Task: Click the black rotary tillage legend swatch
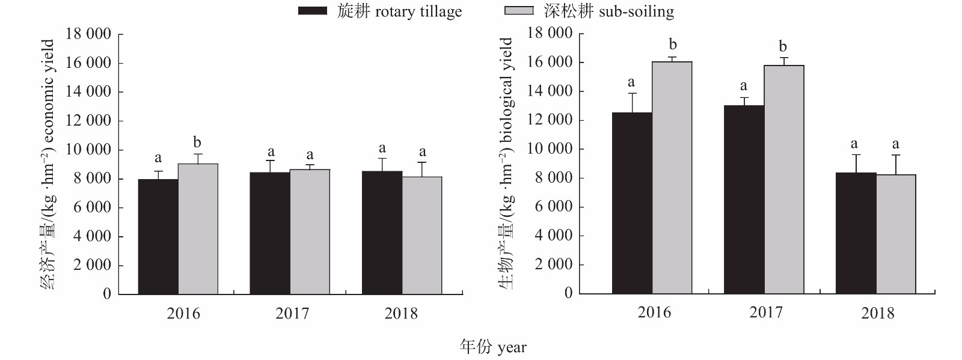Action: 313,11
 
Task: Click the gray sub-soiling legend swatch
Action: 518,11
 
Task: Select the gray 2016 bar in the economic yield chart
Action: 198,229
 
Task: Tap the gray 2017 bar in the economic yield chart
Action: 310,232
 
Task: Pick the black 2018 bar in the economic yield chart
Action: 382,233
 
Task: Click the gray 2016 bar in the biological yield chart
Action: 672,178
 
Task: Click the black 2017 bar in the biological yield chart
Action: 744,200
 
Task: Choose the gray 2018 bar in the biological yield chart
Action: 896,234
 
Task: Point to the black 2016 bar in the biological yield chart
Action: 632,203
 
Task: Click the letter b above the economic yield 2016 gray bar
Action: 197,142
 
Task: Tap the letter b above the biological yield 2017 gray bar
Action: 783,46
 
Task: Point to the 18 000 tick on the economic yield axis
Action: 88,34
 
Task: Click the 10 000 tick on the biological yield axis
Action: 550,148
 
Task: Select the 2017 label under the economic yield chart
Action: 292,313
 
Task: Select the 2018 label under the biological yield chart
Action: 877,313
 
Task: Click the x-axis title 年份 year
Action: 493,347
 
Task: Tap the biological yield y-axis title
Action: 506,163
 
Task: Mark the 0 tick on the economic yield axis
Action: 107,294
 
